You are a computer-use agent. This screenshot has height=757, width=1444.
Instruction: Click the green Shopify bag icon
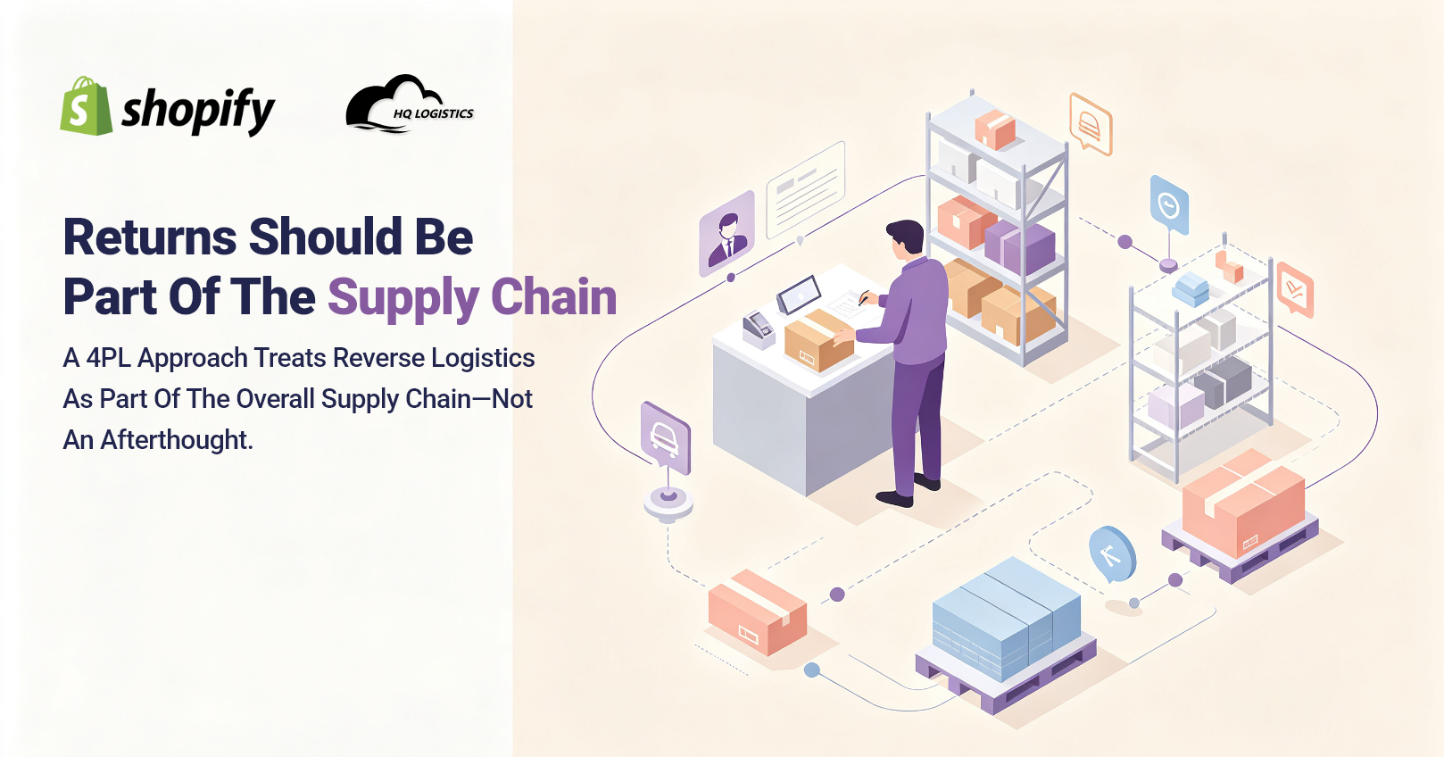[x=87, y=106]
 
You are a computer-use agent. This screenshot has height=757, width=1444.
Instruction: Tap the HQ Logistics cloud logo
[x=410, y=104]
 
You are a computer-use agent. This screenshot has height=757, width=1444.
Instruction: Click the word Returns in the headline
[x=150, y=237]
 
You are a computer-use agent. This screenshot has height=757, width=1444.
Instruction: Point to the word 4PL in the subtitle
[x=108, y=358]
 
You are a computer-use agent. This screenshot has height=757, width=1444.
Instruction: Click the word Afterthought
[x=176, y=440]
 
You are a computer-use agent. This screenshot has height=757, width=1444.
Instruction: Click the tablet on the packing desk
[x=799, y=295]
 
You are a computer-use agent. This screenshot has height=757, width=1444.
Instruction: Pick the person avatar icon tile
[x=727, y=233]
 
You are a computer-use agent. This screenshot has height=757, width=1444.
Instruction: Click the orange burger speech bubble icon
[x=1090, y=124]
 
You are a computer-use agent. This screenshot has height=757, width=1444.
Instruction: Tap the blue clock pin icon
[x=1169, y=205]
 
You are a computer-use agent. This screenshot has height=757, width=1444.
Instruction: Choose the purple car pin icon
[x=665, y=437]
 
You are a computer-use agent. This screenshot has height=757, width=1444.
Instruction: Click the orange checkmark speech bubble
[x=1294, y=289]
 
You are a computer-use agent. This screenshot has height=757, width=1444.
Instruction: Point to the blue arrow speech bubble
[x=1112, y=554]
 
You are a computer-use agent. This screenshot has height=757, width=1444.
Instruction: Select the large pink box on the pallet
[x=1243, y=503]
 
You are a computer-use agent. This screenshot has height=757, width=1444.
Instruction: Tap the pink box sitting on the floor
[x=758, y=611]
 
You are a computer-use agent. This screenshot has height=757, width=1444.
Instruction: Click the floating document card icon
[x=806, y=189]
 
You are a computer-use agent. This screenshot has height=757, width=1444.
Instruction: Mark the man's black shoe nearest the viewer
[x=895, y=498]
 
